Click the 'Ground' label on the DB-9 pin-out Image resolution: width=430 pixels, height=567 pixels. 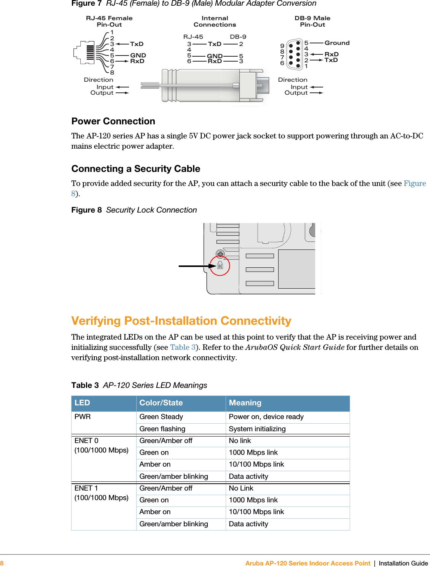(337, 43)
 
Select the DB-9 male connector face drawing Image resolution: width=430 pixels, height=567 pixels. (294, 54)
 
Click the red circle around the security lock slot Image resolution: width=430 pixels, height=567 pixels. (220, 265)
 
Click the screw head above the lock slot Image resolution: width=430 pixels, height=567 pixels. (220, 254)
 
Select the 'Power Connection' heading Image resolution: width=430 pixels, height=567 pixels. (113, 121)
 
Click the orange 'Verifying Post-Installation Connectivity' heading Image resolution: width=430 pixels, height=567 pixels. (181, 321)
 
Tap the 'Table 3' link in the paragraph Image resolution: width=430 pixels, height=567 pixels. (183, 347)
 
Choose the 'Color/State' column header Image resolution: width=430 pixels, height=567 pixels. (161, 403)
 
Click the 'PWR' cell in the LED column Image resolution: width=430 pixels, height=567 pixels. (83, 417)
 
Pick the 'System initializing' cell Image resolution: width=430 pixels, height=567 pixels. (257, 429)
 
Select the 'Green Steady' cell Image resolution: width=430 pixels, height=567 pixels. (161, 417)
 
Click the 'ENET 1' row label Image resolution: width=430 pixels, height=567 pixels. (86, 488)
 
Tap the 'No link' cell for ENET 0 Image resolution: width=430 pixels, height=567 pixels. (240, 441)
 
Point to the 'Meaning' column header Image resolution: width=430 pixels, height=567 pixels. (245, 403)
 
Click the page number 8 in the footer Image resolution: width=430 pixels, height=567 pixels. (2, 563)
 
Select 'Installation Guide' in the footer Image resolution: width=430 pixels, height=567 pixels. (403, 563)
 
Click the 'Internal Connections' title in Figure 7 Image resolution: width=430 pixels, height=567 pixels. (215, 21)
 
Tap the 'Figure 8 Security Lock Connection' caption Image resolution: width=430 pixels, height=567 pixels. (134, 210)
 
